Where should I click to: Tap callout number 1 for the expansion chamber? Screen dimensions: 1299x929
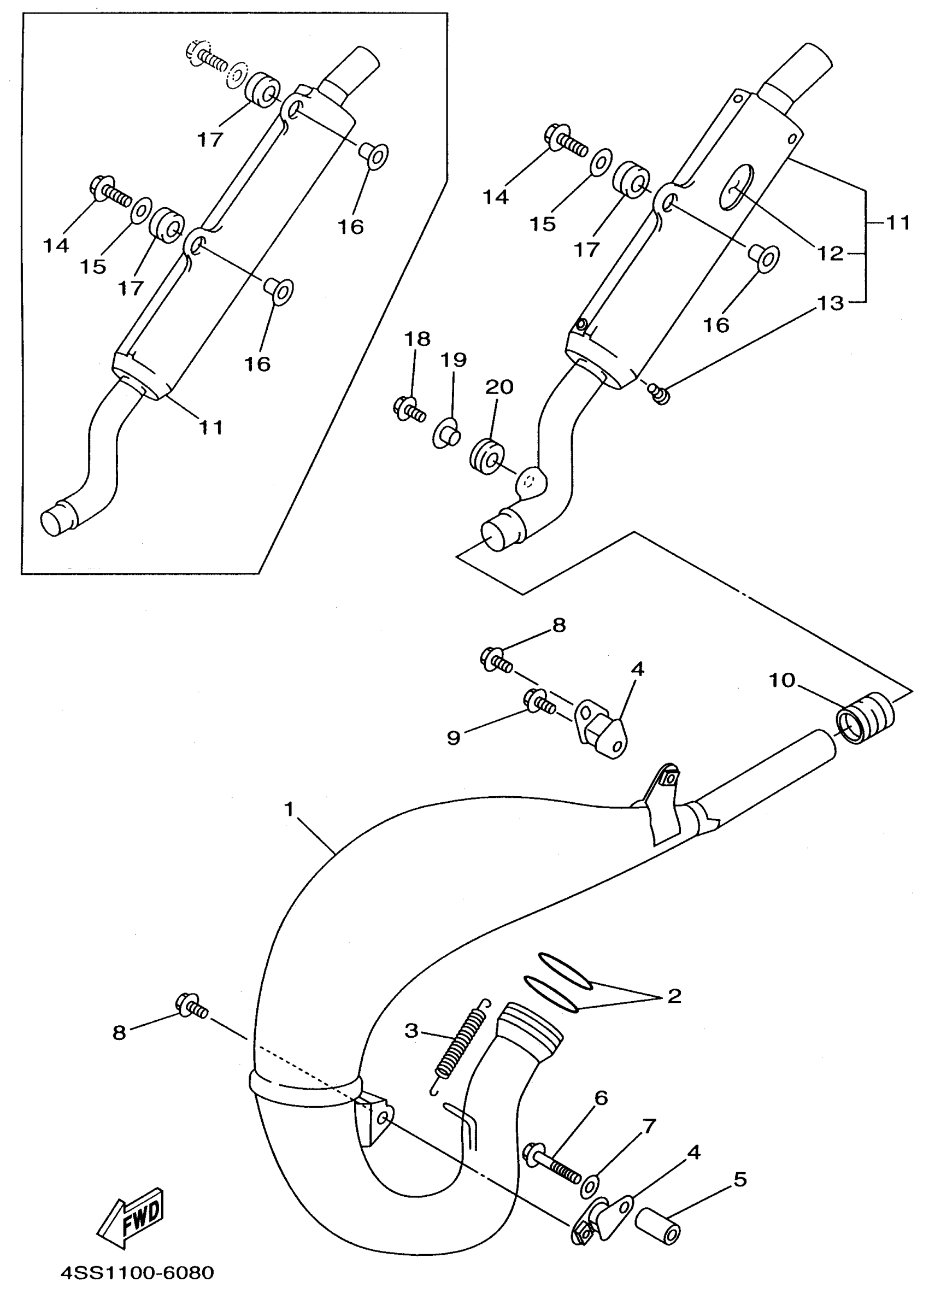pyautogui.click(x=289, y=809)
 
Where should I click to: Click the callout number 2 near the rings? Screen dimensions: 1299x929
pyautogui.click(x=674, y=996)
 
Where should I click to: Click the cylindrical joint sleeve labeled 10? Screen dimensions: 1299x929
pyautogui.click(x=865, y=718)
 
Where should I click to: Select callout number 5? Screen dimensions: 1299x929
pyautogui.click(x=740, y=1179)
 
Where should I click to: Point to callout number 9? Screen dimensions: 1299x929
pyautogui.click(x=453, y=738)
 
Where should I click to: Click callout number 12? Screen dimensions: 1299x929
pyautogui.click(x=830, y=253)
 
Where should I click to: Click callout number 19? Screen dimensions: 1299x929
pyautogui.click(x=453, y=360)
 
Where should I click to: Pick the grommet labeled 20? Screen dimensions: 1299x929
pyautogui.click(x=487, y=456)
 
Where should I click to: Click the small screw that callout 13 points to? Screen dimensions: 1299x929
pyautogui.click(x=659, y=393)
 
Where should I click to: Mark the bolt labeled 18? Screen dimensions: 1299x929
pyautogui.click(x=408, y=409)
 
